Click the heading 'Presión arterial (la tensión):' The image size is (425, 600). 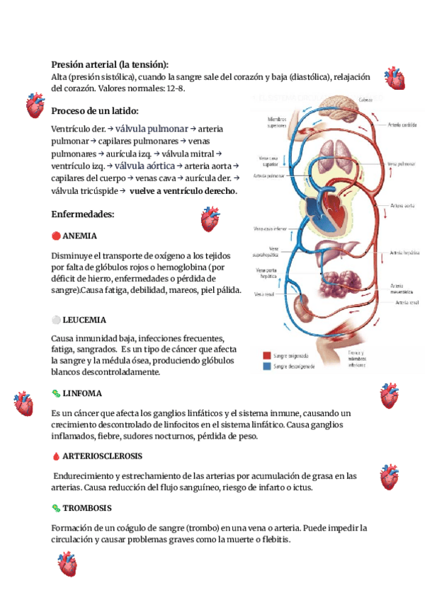click(x=110, y=64)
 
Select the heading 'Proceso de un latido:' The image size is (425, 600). click(x=95, y=111)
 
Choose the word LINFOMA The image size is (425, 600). click(x=82, y=393)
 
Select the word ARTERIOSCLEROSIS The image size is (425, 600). click(x=102, y=456)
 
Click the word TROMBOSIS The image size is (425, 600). click(x=86, y=508)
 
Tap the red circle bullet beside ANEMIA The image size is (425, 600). click(x=56, y=236)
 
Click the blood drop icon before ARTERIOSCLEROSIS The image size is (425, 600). click(x=56, y=456)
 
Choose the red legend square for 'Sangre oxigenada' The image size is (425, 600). click(x=266, y=356)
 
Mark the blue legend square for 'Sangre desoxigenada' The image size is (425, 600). click(x=266, y=367)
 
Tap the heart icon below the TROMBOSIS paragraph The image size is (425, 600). click(x=67, y=564)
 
